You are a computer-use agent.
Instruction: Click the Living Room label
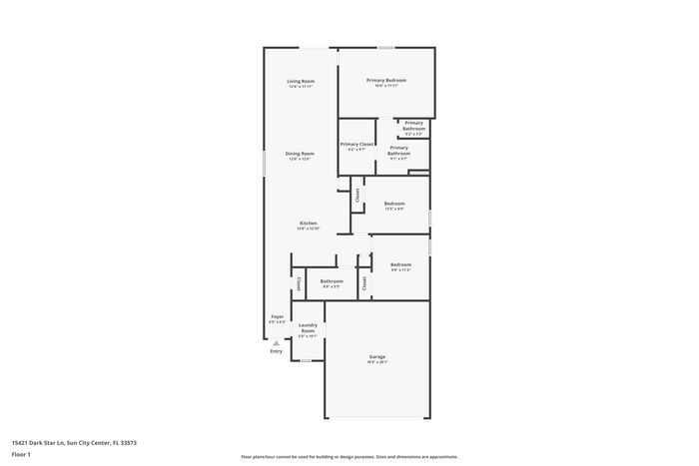(301, 81)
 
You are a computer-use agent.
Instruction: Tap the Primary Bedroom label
(385, 80)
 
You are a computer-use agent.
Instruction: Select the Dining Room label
(301, 154)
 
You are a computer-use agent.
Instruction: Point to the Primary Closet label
(356, 145)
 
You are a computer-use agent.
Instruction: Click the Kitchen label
(309, 223)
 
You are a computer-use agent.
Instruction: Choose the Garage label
(376, 356)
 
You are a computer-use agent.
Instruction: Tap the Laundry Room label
(308, 327)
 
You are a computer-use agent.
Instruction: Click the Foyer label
(277, 317)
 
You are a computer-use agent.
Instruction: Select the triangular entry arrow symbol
(277, 342)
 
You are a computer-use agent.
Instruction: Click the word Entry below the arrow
(277, 351)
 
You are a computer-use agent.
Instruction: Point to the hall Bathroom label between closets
(332, 281)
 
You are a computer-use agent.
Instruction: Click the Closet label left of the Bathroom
(299, 283)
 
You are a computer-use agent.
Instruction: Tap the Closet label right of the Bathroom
(364, 283)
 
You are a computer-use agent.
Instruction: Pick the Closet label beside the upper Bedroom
(357, 196)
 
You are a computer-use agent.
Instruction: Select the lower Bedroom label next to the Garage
(400, 264)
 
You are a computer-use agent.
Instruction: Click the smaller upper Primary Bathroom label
(413, 126)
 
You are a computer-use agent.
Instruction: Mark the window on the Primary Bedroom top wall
(385, 47)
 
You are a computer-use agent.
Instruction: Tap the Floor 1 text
(21, 455)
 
